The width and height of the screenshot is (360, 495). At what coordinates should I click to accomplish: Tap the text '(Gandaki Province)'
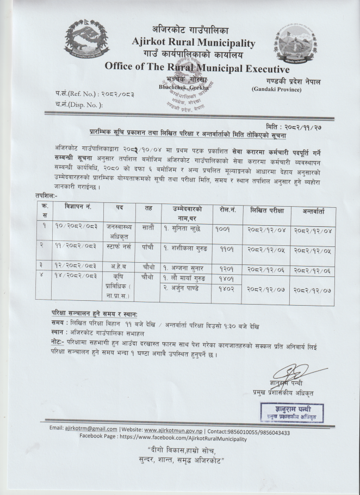click(x=276, y=89)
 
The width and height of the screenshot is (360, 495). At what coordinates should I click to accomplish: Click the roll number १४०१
click(x=224, y=279)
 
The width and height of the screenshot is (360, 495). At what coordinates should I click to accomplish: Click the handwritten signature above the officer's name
click(x=287, y=374)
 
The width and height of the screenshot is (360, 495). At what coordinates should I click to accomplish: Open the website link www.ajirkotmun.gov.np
click(x=177, y=428)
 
